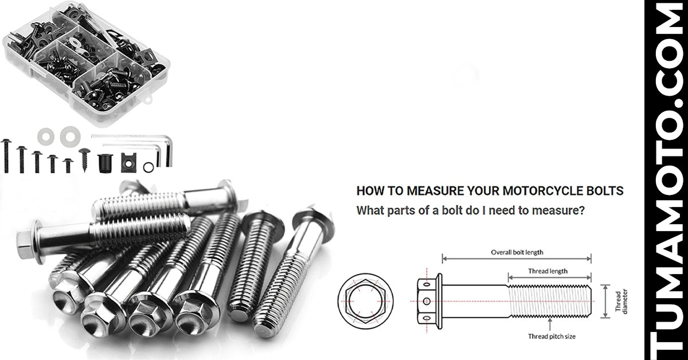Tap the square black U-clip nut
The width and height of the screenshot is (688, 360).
coord(128,162)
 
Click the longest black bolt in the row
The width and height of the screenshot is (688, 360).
coord(6,156)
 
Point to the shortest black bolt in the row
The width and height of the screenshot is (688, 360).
coord(68,165)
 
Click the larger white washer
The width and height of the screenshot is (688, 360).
coord(71,136)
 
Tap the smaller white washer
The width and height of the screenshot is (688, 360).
coord(46,136)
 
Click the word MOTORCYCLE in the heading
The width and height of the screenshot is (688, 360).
coord(526,191)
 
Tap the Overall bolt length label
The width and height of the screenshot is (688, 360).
coord(517,252)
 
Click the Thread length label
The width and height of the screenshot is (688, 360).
coord(548,271)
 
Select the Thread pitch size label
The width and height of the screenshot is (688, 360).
coord(552,336)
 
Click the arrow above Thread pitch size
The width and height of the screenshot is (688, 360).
coord(550,324)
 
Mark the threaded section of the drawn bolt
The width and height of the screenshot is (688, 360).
coord(549,301)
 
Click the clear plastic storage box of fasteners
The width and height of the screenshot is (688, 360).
coord(86,63)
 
